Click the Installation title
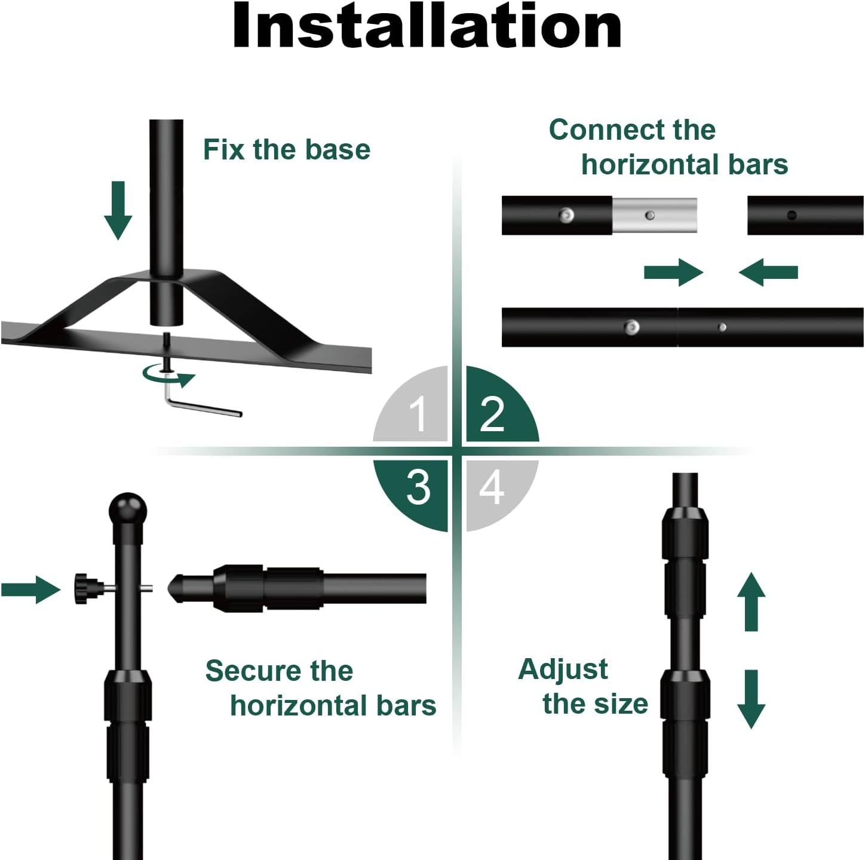(427, 26)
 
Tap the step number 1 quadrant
(418, 411)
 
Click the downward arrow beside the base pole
(118, 210)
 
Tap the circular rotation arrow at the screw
(169, 376)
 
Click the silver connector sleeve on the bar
(655, 216)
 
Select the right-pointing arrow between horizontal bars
(673, 272)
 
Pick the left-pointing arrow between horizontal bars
(768, 272)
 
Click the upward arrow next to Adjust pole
(751, 601)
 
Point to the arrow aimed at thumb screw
(30, 589)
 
